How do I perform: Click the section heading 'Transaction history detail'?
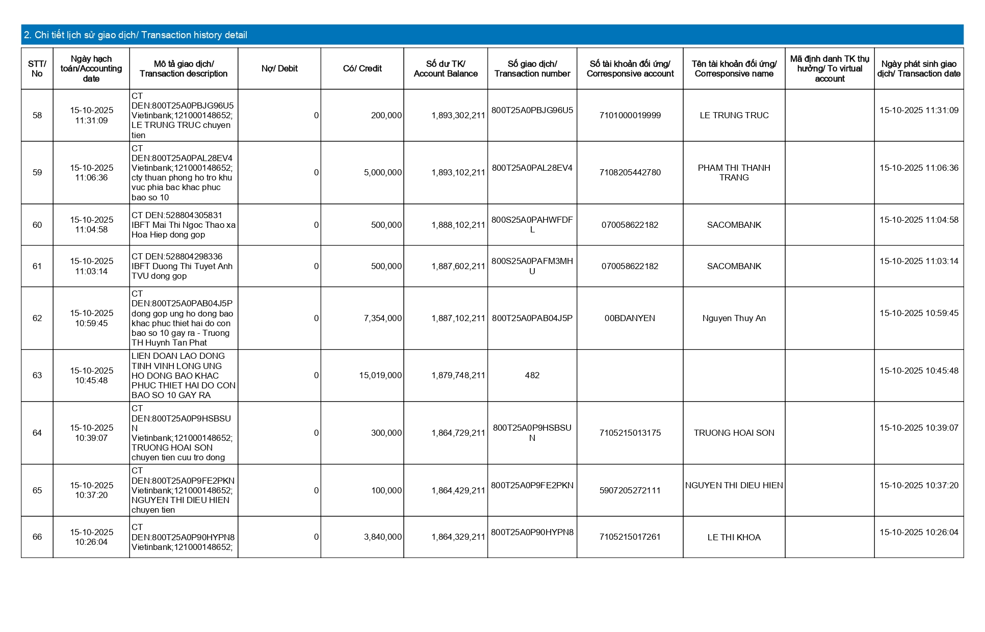coord(136,35)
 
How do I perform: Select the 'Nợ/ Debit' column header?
coord(279,69)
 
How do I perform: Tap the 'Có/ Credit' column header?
coord(362,69)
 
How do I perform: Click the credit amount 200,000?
coord(386,116)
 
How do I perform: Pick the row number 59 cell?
coord(37,173)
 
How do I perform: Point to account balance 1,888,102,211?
coord(458,225)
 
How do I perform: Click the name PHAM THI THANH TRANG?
coord(734,173)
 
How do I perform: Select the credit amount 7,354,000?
coord(382,319)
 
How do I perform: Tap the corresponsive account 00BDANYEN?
coord(630,319)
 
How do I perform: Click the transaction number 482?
coord(532,376)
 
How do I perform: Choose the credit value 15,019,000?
coord(380,376)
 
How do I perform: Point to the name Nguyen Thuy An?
coord(734,319)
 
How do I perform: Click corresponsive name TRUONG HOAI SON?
coord(734,433)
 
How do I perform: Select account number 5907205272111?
coord(630,491)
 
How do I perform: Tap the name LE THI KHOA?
coord(734,538)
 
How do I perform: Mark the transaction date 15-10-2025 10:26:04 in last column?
coord(919,533)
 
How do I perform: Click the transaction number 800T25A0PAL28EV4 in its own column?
coord(532,168)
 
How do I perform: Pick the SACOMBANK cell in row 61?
coord(734,267)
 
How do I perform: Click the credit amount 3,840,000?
coord(382,537)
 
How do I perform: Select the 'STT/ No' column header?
coord(37,69)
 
